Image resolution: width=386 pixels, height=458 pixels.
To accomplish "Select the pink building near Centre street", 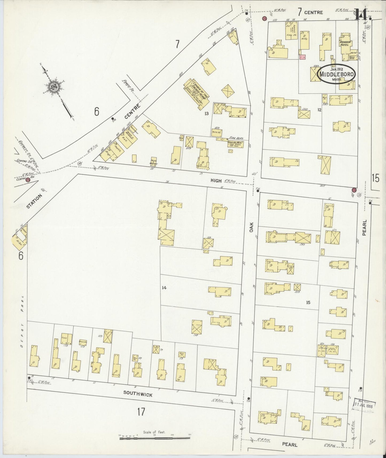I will click(x=302, y=57).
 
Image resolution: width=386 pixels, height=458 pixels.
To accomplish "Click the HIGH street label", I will click(x=216, y=180).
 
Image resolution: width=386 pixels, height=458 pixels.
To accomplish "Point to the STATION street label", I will click(x=35, y=200).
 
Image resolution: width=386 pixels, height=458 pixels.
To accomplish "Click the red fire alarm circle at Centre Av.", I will click(x=27, y=180).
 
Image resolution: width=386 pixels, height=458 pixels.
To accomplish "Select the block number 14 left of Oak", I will click(x=164, y=288).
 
